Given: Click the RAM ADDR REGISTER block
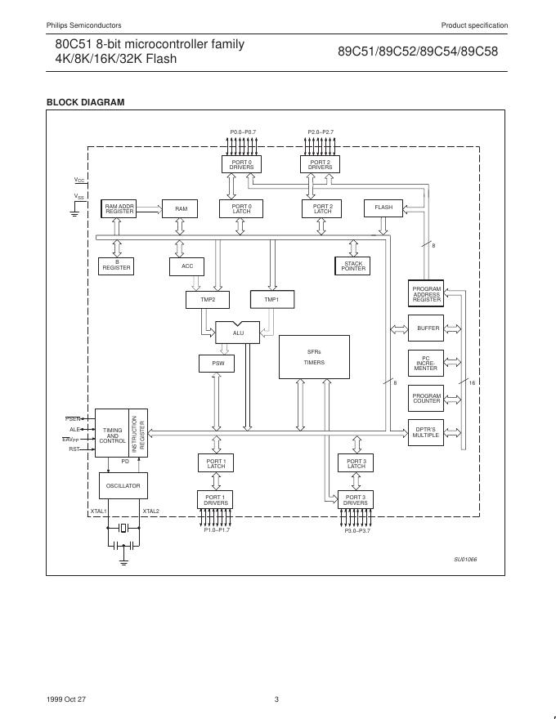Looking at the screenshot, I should coord(119,209).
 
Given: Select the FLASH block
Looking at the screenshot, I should coord(383,208).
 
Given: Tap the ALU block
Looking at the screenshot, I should coord(238,333).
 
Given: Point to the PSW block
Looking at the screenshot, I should coord(217,363).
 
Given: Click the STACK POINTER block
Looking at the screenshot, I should coord(353,266).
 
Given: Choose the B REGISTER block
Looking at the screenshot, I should coord(117,266).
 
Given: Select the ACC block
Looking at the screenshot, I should coord(187,266).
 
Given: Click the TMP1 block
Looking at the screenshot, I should coord(271,300).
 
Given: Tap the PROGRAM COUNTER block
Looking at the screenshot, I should coord(426,398).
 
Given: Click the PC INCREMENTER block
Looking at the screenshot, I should coord(426,363).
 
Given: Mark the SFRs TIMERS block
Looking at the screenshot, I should coord(314,357).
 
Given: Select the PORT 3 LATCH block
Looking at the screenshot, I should coord(356,463).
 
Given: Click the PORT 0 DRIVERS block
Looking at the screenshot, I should coord(241,164).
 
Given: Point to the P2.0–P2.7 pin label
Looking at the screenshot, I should coord(321,132).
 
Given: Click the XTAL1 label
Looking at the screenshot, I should coord(99,511).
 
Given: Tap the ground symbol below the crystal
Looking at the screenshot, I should coord(123,561).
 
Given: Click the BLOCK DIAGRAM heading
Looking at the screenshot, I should coord(85,102).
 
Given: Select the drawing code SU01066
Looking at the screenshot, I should coord(465,559).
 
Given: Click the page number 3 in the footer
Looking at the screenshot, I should coord(277,699).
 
